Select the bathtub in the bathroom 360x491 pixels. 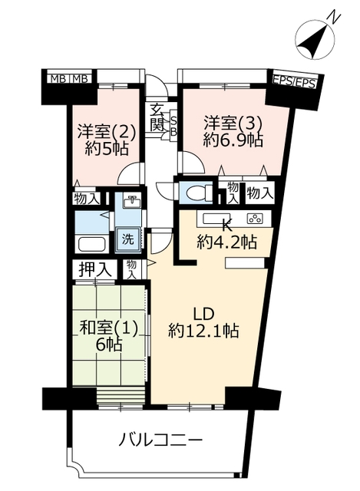coord(92,244)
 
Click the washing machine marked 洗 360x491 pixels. coord(128,240)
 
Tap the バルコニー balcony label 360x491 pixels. coord(160,440)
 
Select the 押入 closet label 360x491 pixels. coord(94,270)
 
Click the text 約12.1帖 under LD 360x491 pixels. coord(203,331)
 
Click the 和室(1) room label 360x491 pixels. coord(109,328)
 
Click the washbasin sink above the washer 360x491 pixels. coord(132,202)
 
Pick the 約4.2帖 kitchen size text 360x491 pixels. coord(227,242)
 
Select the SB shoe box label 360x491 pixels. coord(173,125)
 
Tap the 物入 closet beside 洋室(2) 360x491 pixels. coord(87,199)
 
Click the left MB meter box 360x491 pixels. coord(59,78)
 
